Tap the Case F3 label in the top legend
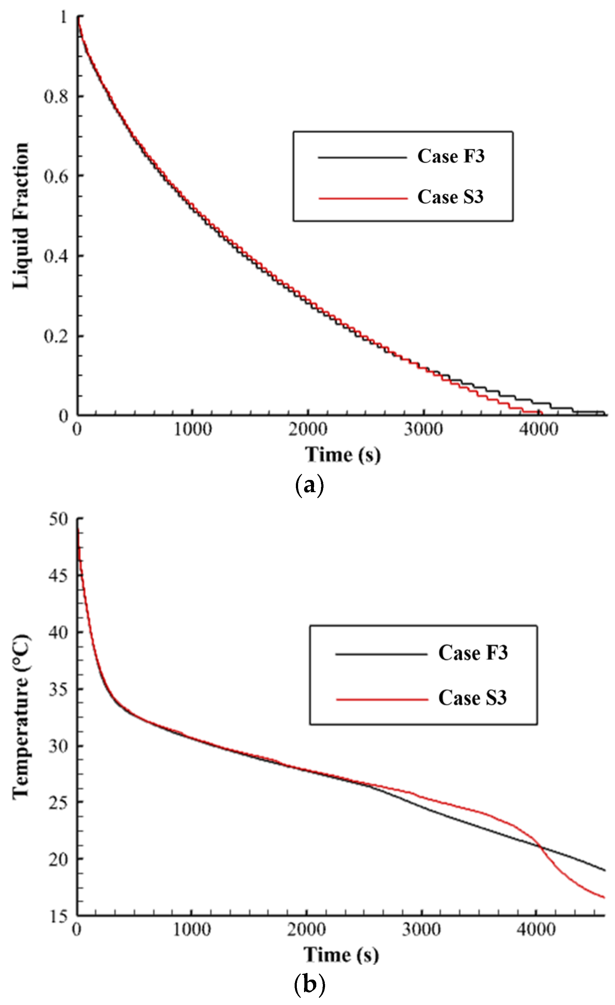point(451,156)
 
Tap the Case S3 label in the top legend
point(450,197)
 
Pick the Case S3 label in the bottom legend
point(472,698)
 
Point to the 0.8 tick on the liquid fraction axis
point(56,97)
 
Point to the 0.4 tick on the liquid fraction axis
point(56,256)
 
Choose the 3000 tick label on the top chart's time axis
point(423,429)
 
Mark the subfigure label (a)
point(309,485)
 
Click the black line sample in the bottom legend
point(381,654)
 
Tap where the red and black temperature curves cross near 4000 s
point(541,847)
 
